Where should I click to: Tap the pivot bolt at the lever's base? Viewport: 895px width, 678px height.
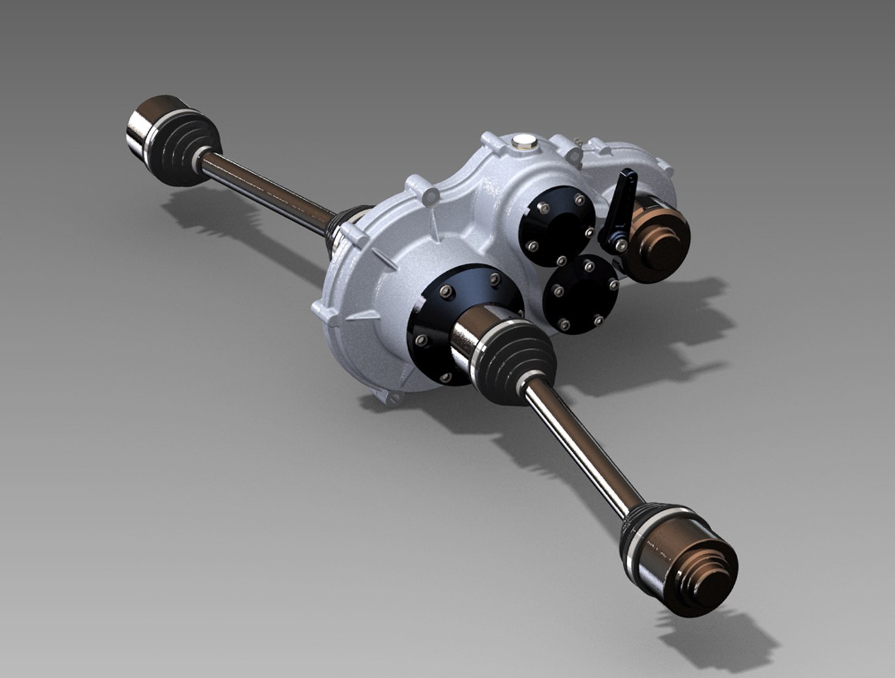[x=619, y=244]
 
